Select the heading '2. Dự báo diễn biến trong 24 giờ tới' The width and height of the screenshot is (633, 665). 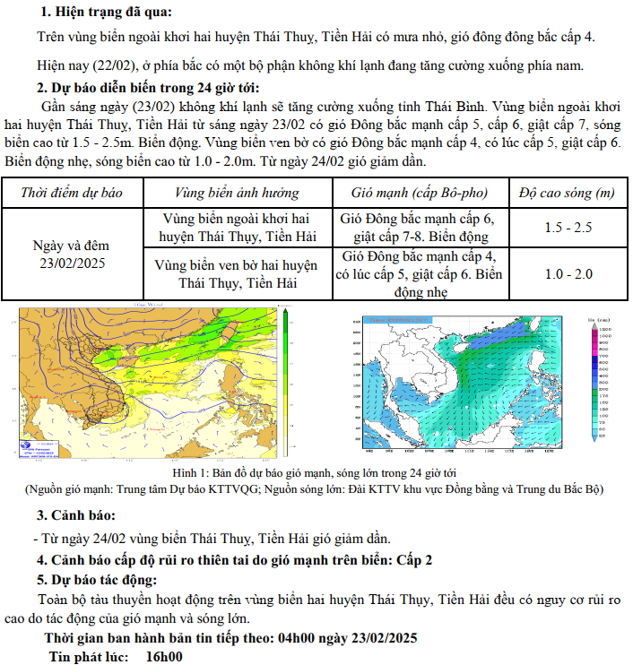[148, 87]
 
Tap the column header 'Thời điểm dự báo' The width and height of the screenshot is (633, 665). [71, 192]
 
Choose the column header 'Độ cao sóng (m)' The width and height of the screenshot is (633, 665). [567, 192]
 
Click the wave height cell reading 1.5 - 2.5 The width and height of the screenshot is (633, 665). [568, 227]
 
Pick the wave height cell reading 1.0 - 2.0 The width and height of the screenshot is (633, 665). [568, 273]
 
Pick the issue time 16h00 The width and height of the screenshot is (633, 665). [164, 656]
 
